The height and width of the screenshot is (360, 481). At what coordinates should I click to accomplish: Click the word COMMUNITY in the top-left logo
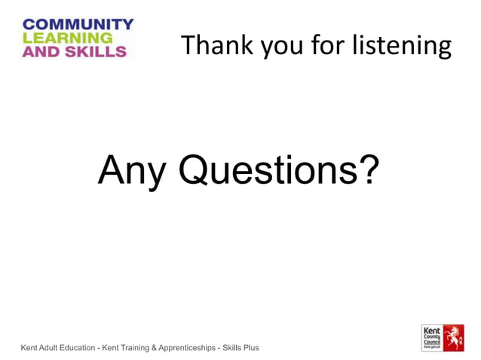tap(78, 25)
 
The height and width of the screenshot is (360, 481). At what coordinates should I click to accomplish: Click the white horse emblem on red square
tap(452, 337)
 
